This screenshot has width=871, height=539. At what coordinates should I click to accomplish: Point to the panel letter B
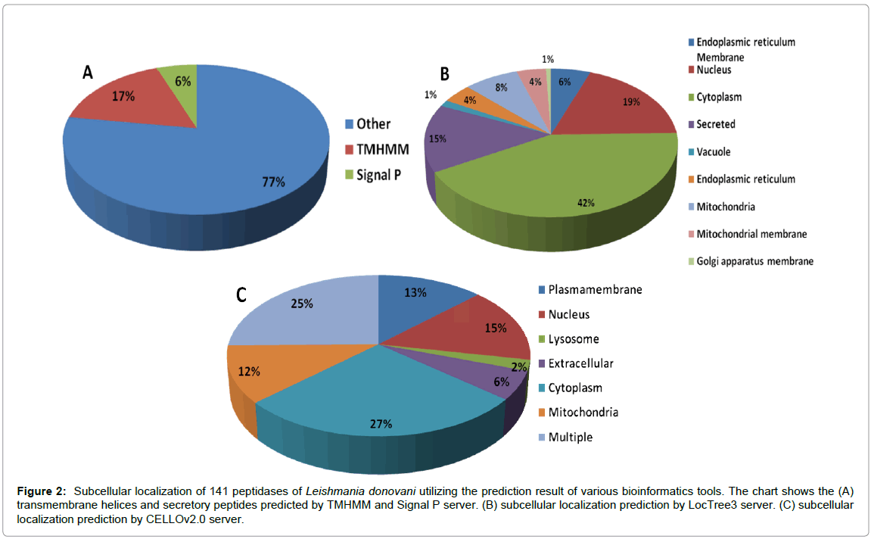445,73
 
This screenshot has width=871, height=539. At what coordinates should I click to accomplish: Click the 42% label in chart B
586,203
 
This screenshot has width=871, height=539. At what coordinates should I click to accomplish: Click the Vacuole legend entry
714,151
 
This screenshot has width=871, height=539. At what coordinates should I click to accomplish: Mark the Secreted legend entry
715,124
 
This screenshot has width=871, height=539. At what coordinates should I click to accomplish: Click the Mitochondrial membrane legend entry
751,234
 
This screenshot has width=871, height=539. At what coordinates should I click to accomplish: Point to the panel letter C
241,294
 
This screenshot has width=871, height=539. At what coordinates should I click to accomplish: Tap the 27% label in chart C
381,424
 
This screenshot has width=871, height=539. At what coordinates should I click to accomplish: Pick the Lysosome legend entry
573,339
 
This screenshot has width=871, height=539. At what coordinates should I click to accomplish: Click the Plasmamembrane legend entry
595,289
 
